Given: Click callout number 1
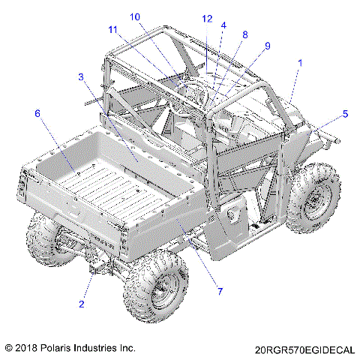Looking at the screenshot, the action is tap(300, 63).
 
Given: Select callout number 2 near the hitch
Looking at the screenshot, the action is tap(82, 304).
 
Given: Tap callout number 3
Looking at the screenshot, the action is tap(81, 76).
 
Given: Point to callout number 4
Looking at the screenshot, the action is tap(223, 25).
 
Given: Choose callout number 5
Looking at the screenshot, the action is tap(345, 114).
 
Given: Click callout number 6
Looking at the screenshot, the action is tap(37, 113).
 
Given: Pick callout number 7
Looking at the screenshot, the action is tap(220, 291).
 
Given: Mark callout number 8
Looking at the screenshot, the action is tap(245, 34).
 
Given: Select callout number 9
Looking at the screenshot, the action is tap(268, 46).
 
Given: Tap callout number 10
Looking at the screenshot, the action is tap(135, 16).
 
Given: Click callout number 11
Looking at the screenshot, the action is tap(112, 30).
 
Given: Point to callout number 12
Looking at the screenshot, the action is tap(207, 19).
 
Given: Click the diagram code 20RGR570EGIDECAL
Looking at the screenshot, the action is tap(304, 350).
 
